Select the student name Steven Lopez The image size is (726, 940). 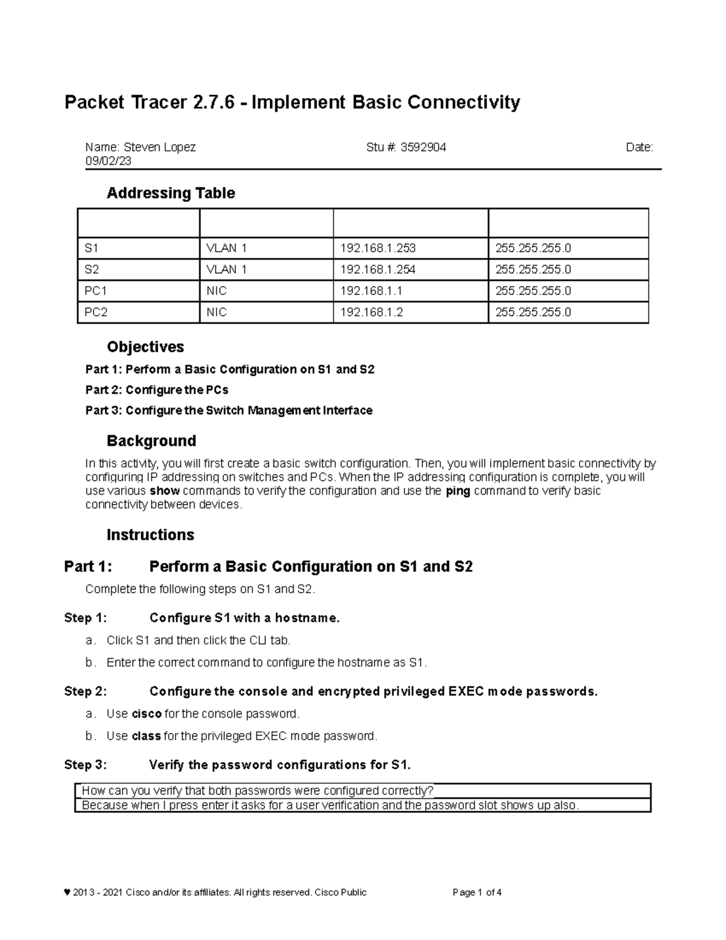click(x=159, y=147)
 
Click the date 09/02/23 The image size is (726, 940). click(x=108, y=161)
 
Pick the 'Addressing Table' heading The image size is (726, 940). click(x=171, y=193)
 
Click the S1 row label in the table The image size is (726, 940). click(x=91, y=248)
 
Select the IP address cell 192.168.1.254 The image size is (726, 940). click(x=378, y=269)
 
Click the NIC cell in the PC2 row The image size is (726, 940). click(x=217, y=312)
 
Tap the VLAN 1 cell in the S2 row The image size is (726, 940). click(x=226, y=269)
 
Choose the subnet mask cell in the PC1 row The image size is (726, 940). click(x=533, y=291)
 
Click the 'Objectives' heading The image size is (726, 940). click(x=145, y=347)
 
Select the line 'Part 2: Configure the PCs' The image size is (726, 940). click(x=157, y=390)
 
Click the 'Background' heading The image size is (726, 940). click(x=151, y=441)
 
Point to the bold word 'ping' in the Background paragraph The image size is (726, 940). click(x=458, y=491)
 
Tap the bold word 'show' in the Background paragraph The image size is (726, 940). click(x=165, y=491)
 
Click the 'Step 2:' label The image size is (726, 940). click(x=85, y=691)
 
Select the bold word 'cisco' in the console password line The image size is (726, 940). click(x=146, y=714)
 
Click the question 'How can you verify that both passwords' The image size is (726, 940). click(x=257, y=790)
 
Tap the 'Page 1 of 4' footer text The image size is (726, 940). click(x=477, y=892)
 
